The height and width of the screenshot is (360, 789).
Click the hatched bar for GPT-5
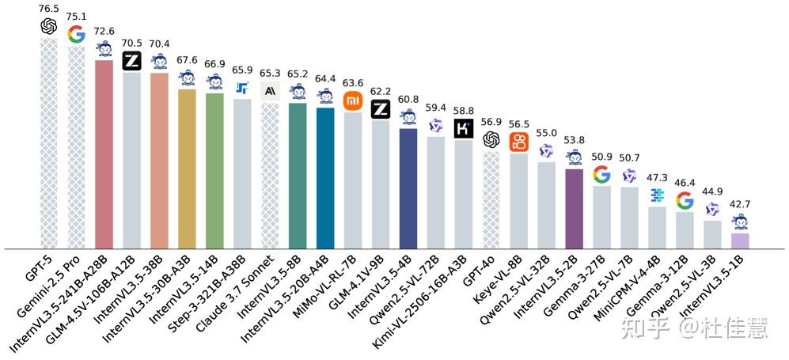(49, 142)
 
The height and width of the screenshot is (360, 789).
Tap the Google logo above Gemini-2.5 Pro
(77, 34)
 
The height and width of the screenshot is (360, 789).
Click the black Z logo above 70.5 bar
(131, 61)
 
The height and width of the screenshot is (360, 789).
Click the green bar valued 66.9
(214, 171)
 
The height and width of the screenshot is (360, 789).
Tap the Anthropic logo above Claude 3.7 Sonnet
(270, 91)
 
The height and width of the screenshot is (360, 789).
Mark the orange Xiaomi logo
(352, 100)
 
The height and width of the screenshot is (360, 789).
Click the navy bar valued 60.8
(408, 188)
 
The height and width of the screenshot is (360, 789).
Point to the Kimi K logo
(463, 128)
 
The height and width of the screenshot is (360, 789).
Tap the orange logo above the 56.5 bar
(518, 142)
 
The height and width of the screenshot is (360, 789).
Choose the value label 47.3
(657, 177)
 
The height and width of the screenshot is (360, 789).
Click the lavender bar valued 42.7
(740, 241)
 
